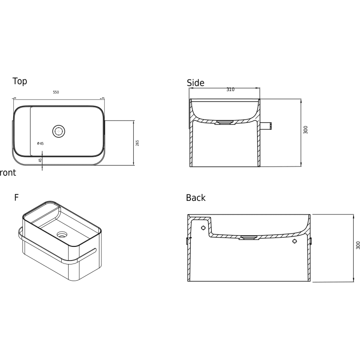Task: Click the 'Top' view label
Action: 20,81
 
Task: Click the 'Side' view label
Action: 195,83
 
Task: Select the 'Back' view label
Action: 195,198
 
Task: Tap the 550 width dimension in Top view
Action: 56,92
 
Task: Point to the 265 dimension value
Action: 137,143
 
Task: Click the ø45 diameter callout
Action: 40,144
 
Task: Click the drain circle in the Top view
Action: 59,131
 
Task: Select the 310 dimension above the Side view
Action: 231,90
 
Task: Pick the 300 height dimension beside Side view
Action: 306,130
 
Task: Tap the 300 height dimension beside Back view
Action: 358,245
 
